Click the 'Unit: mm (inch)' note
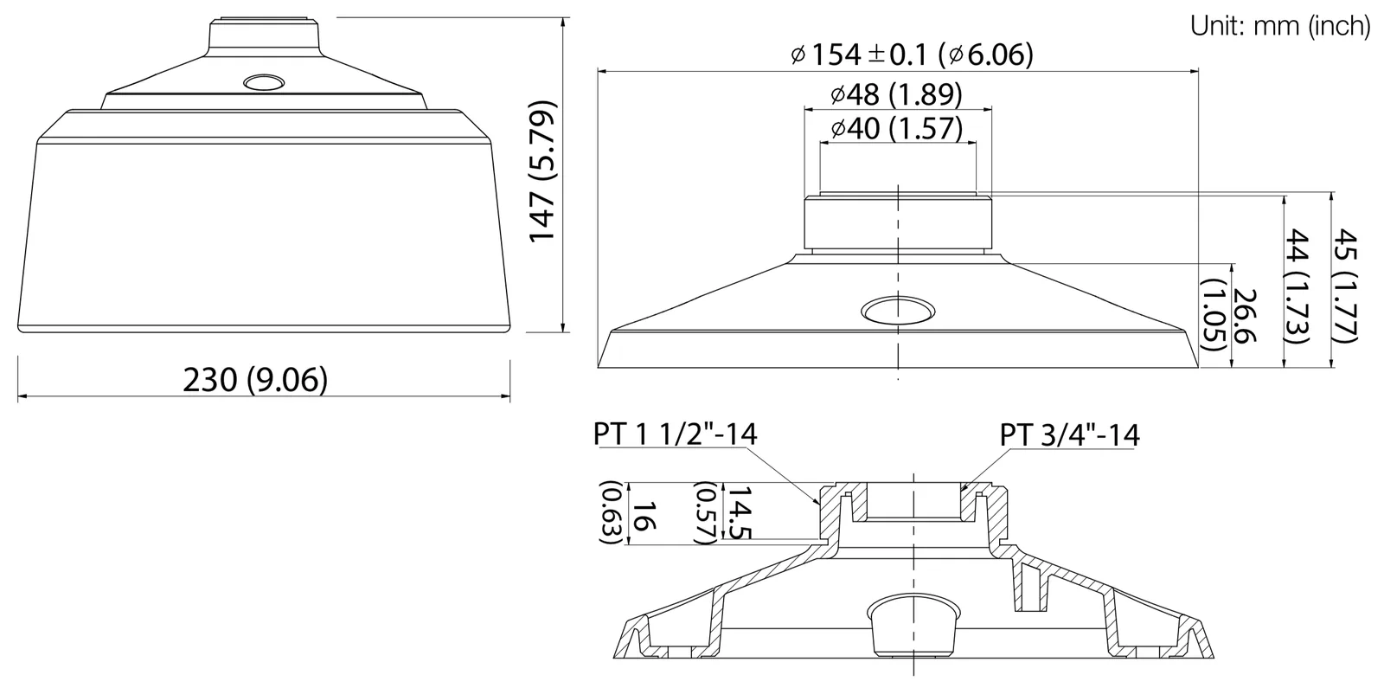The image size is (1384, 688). [1279, 26]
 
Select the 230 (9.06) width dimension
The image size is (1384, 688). [255, 379]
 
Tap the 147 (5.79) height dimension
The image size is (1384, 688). [543, 171]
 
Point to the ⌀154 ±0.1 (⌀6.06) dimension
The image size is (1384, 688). [912, 55]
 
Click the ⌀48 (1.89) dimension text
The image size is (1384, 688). [896, 94]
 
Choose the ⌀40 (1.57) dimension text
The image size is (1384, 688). [896, 128]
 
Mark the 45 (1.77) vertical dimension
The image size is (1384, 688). [1344, 285]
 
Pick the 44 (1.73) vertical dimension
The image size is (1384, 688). [1297, 286]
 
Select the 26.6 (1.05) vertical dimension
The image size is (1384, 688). [1229, 315]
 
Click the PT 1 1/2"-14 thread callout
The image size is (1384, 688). [675, 434]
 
